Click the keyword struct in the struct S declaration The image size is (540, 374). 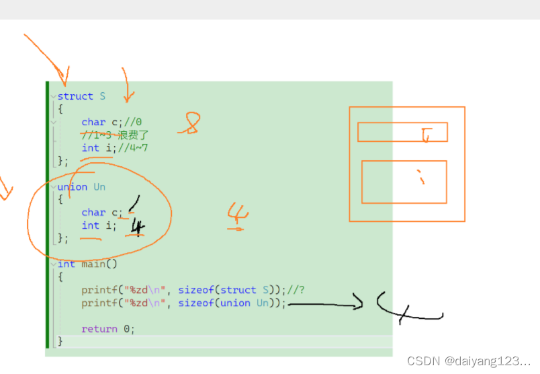[75, 96]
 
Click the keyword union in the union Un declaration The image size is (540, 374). [73, 187]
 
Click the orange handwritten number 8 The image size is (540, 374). [190, 124]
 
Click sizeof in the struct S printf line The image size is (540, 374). [196, 290]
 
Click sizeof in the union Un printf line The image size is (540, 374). [196, 303]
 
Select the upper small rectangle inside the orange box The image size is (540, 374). [402, 132]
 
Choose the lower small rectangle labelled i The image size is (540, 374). [404, 182]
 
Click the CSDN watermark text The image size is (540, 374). [469, 361]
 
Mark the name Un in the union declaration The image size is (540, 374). [99, 187]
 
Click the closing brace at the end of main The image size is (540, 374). [60, 341]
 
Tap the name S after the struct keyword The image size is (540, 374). [103, 96]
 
